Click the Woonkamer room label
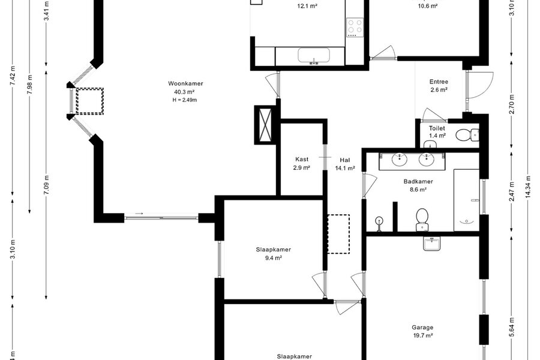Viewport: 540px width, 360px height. pyautogui.click(x=185, y=83)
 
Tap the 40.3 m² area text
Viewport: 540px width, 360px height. pyautogui.click(x=185, y=92)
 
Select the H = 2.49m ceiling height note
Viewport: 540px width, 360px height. pyautogui.click(x=185, y=100)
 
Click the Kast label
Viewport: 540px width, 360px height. pyautogui.click(x=302, y=159)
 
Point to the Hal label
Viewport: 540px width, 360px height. pyautogui.click(x=345, y=160)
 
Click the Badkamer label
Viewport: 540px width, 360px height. pyautogui.click(x=418, y=181)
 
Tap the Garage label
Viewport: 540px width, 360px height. pyautogui.click(x=422, y=327)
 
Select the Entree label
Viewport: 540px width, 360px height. pyautogui.click(x=439, y=82)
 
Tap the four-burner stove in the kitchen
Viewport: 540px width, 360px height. pyautogui.click(x=355, y=27)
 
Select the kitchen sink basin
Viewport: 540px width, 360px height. pyautogui.click(x=314, y=56)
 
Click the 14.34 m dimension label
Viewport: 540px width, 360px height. pyautogui.click(x=527, y=187)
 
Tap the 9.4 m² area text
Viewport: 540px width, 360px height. pyautogui.click(x=274, y=257)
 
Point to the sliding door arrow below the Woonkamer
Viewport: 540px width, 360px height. pyautogui.click(x=139, y=214)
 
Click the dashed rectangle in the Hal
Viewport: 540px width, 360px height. pyautogui.click(x=338, y=234)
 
